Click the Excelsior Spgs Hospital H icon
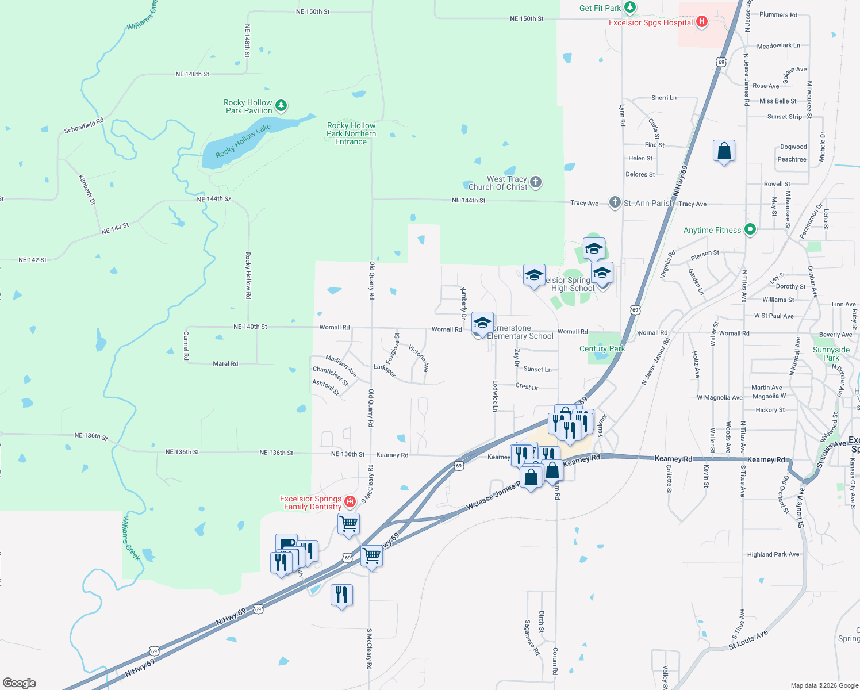coord(701,22)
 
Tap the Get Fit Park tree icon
coord(631,7)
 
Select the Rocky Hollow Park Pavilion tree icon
coord(281,105)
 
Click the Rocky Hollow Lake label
coord(243,141)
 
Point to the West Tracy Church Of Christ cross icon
coord(536,183)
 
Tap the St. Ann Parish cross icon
coord(615,202)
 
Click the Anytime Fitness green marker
coord(750,230)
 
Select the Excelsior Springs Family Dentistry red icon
coord(350,502)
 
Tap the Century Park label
coord(602,348)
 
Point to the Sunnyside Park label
coord(831,354)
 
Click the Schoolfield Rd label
coord(84,125)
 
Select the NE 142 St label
coord(32,260)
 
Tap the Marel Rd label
coord(225,363)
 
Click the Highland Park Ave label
coord(773,554)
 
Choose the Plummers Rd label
coord(778,15)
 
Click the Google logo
coord(20,683)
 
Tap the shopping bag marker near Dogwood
coord(724,151)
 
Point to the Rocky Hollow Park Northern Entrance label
coord(351,133)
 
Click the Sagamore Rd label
coord(532,637)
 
